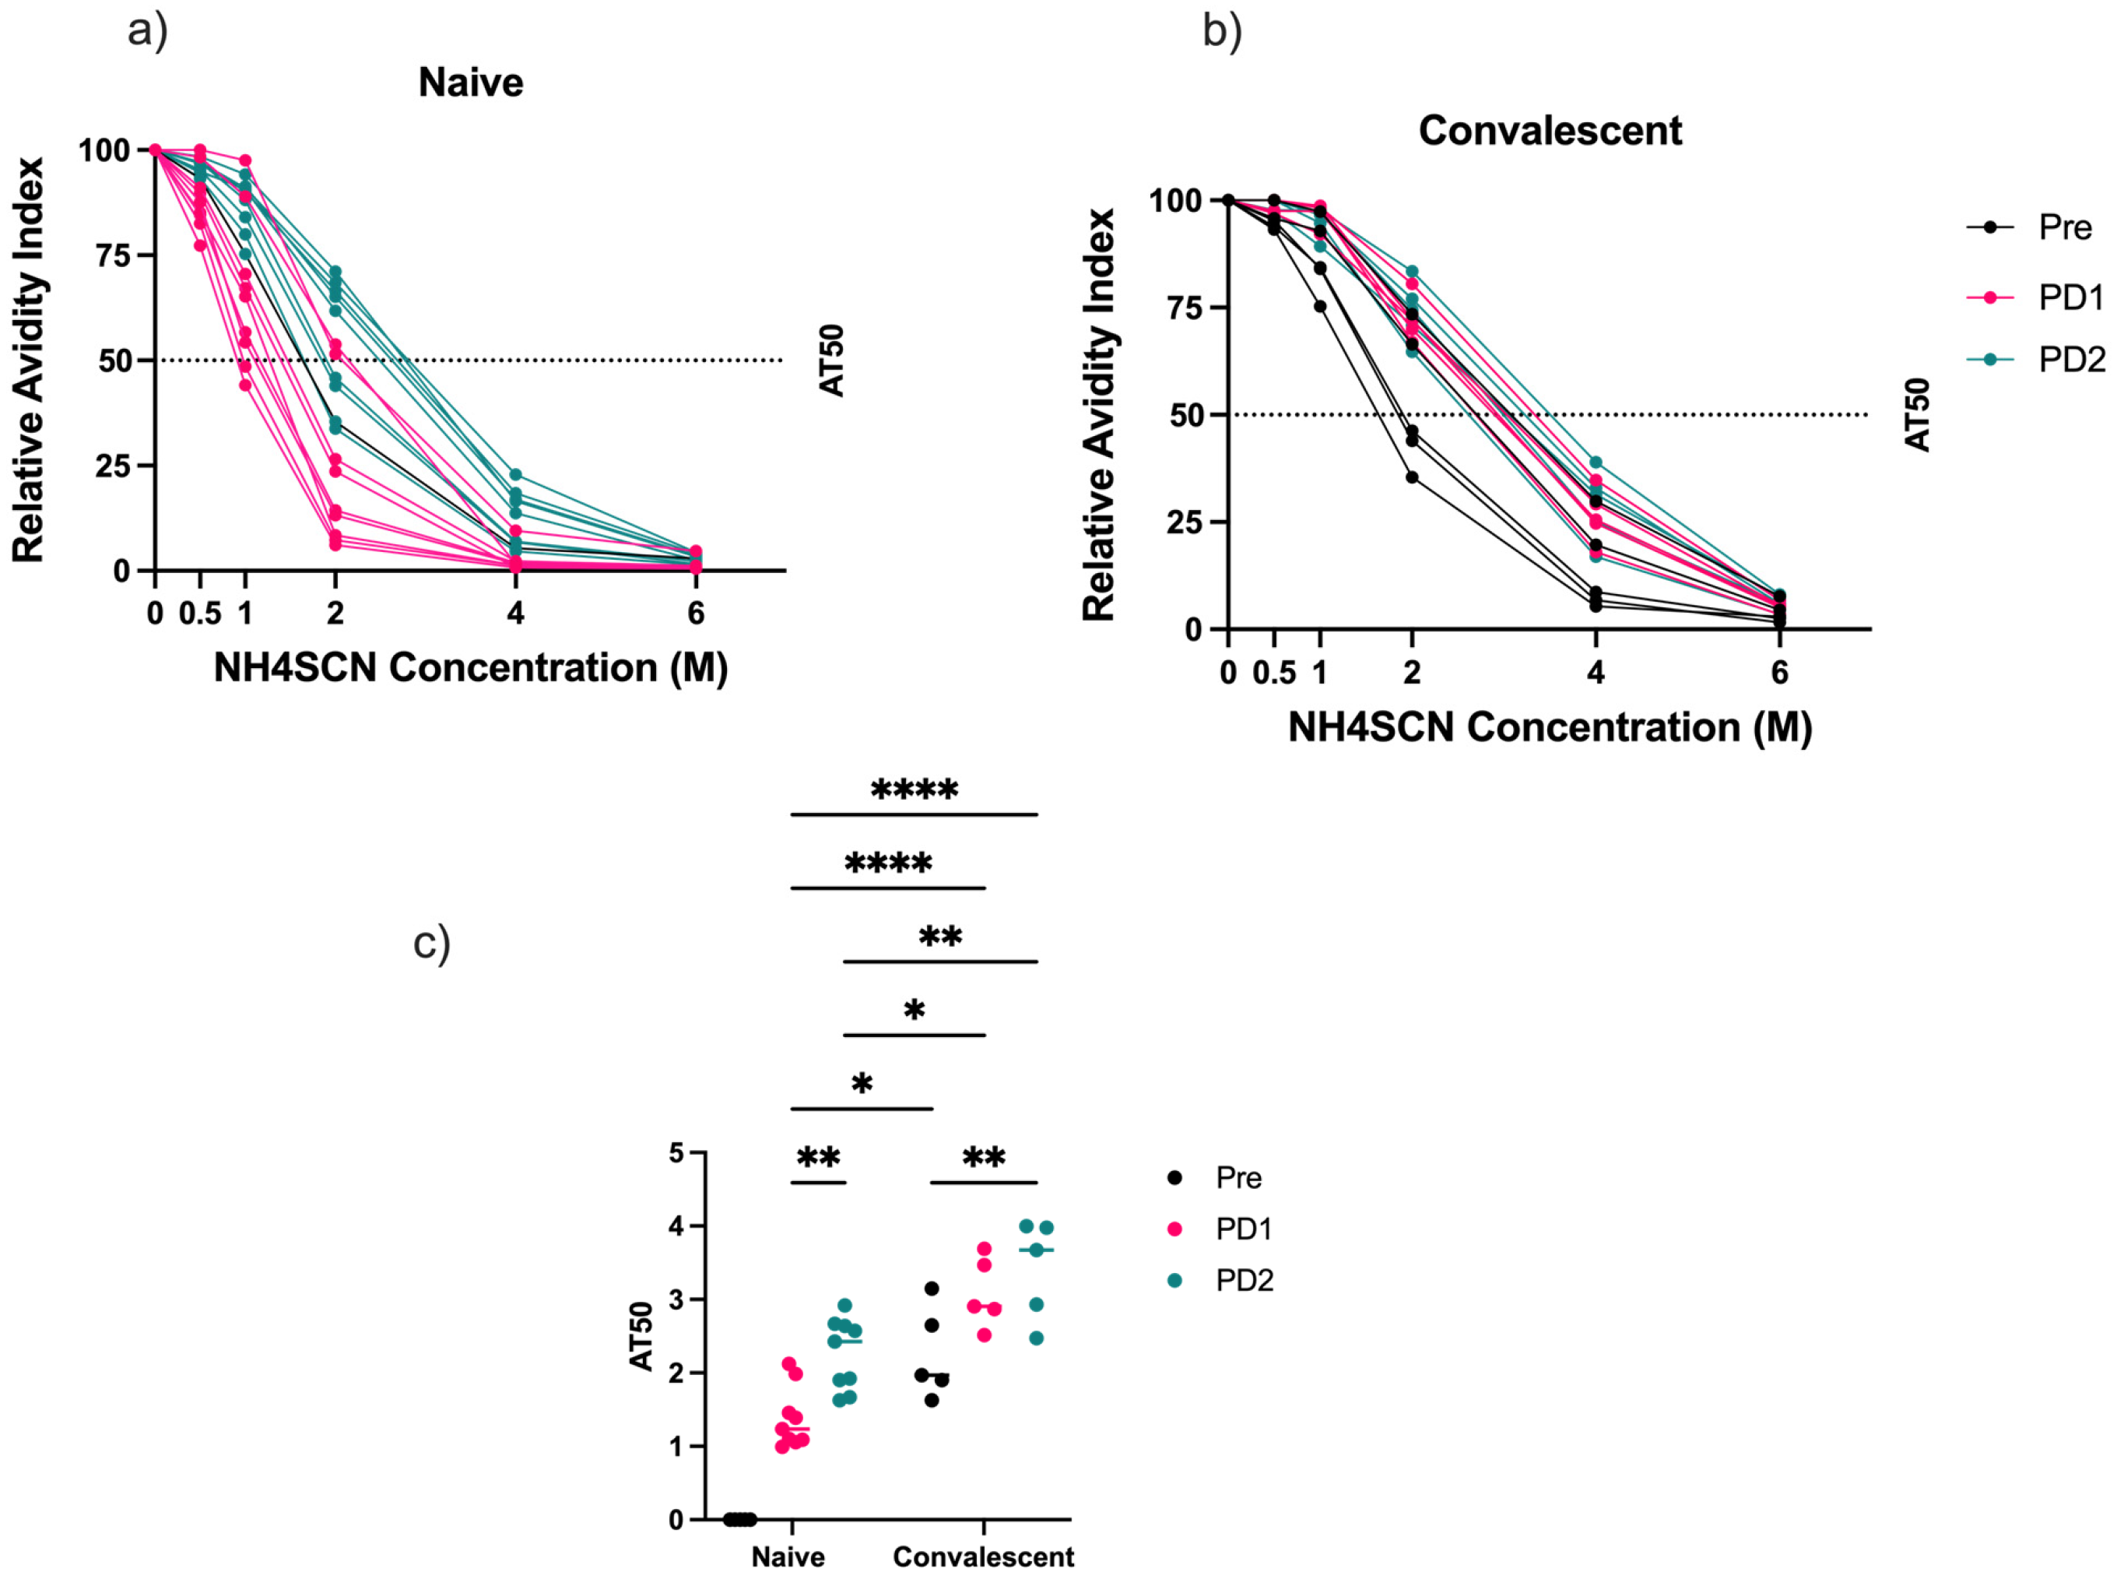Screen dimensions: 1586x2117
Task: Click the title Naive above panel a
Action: [x=470, y=83]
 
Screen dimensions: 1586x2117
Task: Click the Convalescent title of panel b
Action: [x=1549, y=130]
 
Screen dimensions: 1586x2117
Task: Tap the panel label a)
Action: [x=147, y=30]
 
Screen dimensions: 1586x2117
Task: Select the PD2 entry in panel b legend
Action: [x=2071, y=359]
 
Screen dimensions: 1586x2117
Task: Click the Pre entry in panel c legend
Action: [x=1238, y=1177]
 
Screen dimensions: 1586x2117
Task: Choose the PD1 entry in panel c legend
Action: [x=1243, y=1229]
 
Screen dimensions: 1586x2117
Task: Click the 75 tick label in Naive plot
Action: [x=113, y=255]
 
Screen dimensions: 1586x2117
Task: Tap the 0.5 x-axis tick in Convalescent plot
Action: [x=1274, y=673]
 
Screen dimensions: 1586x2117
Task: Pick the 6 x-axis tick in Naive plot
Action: [x=696, y=614]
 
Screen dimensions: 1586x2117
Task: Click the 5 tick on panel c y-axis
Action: [x=676, y=1153]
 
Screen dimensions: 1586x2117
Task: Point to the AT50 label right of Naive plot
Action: [x=832, y=360]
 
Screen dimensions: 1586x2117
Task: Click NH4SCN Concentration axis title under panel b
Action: [x=1550, y=727]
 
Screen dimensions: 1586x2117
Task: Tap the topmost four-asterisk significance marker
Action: [x=914, y=790]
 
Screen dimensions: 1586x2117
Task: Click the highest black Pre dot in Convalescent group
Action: [x=931, y=1289]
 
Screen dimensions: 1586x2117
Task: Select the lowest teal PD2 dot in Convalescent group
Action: [x=1035, y=1338]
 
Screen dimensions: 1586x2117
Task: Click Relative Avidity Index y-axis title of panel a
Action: [x=28, y=360]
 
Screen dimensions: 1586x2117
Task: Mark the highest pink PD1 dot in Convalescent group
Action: [x=984, y=1249]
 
